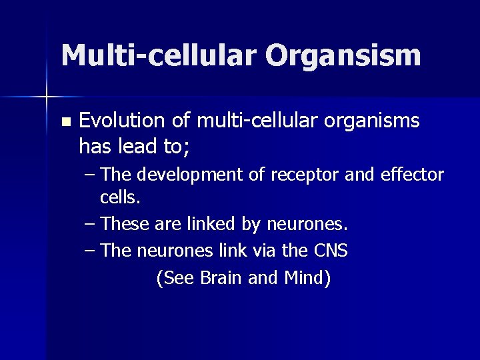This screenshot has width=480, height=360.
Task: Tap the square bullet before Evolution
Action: (x=65, y=123)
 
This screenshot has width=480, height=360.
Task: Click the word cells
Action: (x=121, y=198)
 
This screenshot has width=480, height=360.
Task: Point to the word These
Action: (x=126, y=225)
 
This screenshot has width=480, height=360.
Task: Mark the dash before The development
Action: (x=91, y=175)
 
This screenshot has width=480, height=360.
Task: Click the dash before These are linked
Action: (x=91, y=225)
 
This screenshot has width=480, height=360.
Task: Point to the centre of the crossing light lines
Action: (x=46, y=97)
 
